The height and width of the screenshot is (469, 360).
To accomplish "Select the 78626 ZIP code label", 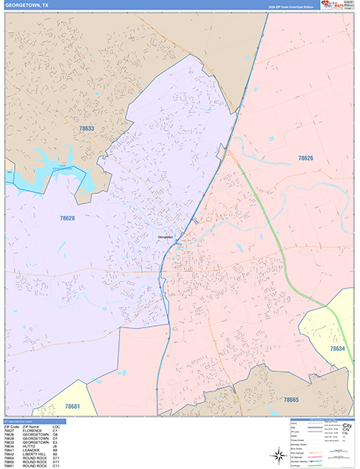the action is (x=305, y=158).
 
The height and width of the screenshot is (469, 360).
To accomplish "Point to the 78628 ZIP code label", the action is (x=66, y=218).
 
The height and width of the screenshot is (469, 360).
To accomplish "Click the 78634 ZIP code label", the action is (x=337, y=349).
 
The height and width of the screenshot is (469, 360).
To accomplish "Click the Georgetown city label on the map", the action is (x=164, y=238).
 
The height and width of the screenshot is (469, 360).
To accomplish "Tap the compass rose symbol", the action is (x=279, y=453).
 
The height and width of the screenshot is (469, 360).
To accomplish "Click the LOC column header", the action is (x=55, y=426).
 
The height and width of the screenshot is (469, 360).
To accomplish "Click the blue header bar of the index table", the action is (x=33, y=421).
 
